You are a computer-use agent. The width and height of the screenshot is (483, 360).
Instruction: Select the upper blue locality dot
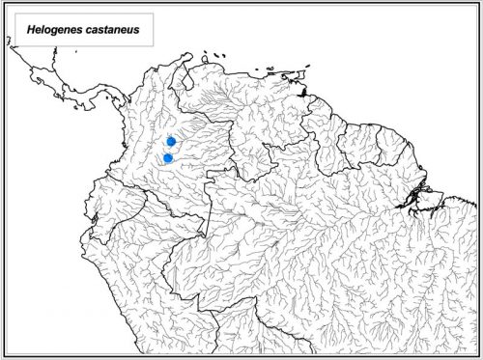tap(171, 142)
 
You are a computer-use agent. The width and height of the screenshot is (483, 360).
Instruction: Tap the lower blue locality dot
tap(168, 157)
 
